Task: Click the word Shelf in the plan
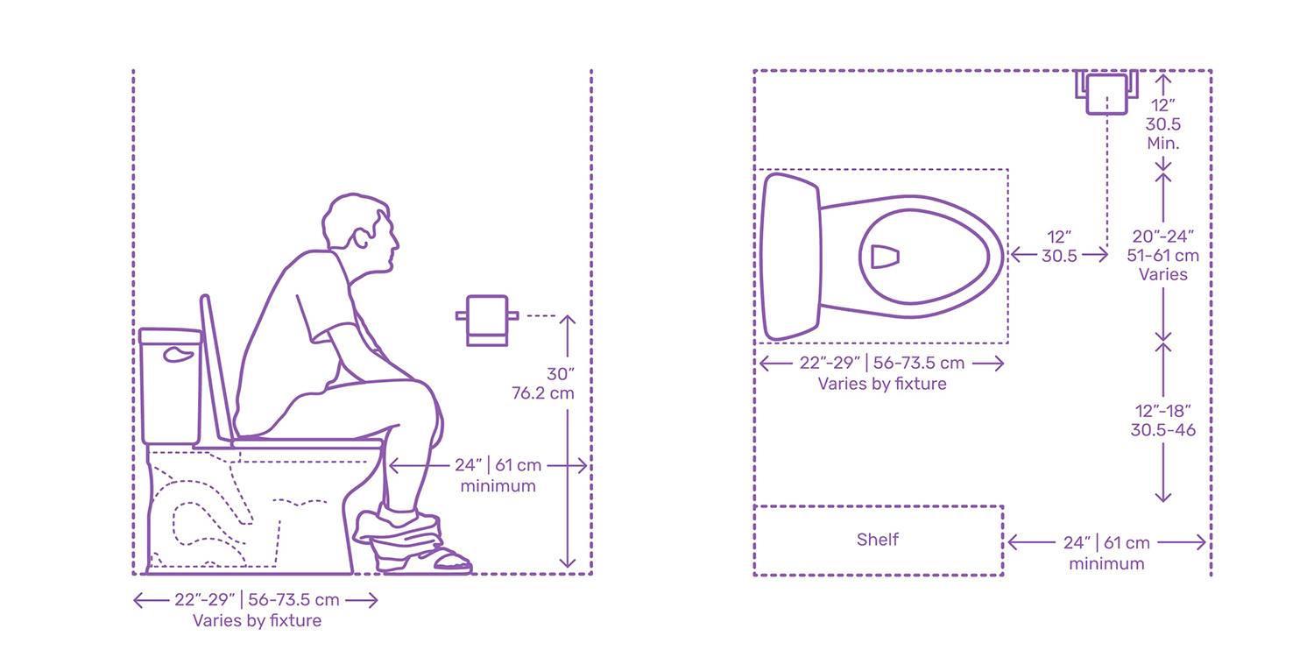click(877, 539)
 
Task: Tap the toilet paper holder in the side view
click(487, 321)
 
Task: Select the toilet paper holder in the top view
click(1107, 92)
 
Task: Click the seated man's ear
click(361, 237)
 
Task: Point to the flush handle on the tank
click(179, 354)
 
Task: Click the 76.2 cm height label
click(542, 393)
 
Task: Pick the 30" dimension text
click(561, 374)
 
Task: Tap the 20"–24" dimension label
click(1162, 237)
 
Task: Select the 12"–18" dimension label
click(1162, 411)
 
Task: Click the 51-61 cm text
click(1162, 256)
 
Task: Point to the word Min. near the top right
click(1162, 143)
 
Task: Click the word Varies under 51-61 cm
click(1162, 274)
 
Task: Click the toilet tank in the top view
click(790, 257)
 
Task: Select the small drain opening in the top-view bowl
click(884, 257)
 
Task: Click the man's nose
click(396, 241)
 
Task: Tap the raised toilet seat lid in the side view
click(215, 369)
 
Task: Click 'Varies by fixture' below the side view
click(257, 620)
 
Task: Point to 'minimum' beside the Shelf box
click(1106, 564)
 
